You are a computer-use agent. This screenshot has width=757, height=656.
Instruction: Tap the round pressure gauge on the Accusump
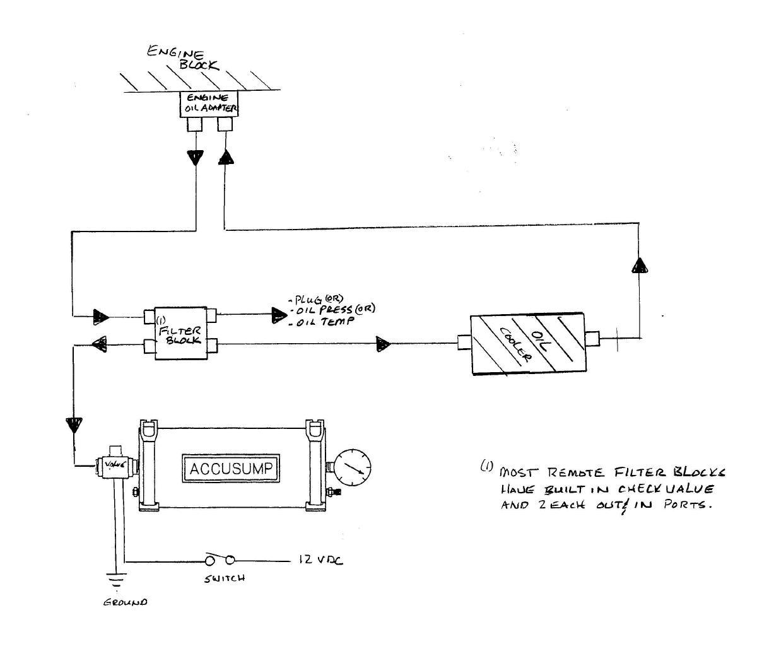coord(353,468)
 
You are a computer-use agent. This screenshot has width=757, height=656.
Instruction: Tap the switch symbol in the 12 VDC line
coord(220,559)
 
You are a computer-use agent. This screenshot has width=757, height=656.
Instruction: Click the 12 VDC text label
coord(317,560)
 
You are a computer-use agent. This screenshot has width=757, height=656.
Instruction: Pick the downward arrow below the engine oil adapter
coord(196,158)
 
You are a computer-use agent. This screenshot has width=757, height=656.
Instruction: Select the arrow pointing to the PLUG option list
coord(278,315)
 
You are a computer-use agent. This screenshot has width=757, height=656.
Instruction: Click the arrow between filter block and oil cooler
coord(382,344)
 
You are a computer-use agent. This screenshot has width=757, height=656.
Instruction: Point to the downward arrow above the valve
coord(74,424)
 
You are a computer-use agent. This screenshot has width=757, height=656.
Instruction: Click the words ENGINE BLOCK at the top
coord(183,59)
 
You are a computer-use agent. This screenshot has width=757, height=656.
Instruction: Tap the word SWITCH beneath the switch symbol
coord(224,578)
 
